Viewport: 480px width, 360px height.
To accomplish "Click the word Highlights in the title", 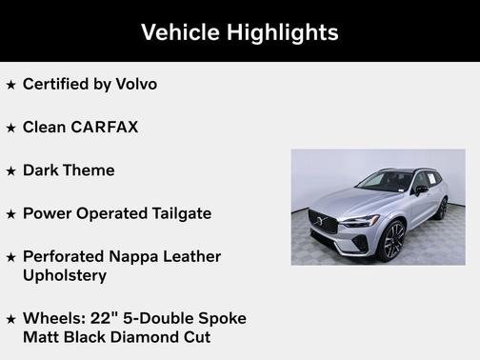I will [281, 32].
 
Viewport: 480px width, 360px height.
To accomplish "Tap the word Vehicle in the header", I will [179, 32].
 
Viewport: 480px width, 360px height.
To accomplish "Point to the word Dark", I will [42, 170].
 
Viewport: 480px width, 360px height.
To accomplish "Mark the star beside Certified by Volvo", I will [11, 85].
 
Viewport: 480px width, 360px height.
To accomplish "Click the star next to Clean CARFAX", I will [11, 128].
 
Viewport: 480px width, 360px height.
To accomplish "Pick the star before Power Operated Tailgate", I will [11, 214].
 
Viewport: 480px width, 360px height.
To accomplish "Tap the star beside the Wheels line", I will [11, 318].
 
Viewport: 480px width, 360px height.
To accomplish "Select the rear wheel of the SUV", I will [440, 209].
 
